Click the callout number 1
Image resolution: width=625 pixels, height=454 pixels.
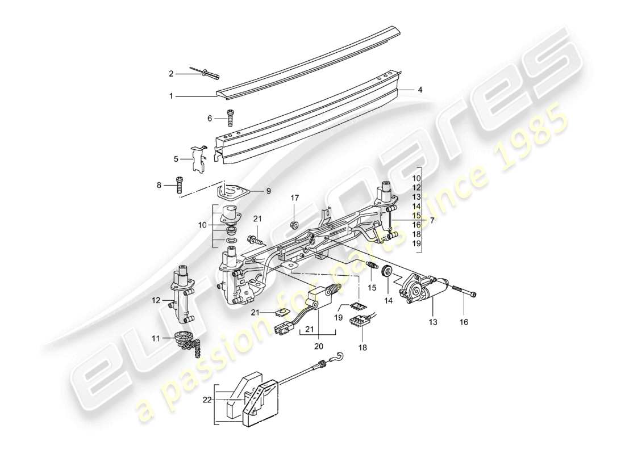point(171,96)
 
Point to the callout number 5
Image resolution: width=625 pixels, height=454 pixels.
point(176,159)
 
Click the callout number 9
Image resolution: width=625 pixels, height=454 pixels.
point(268,192)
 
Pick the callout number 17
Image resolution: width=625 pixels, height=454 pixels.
point(294,199)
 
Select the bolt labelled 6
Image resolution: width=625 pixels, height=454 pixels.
point(230,117)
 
